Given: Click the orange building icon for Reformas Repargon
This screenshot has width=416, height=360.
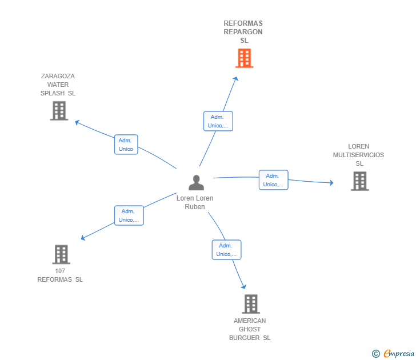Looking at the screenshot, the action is [244, 58].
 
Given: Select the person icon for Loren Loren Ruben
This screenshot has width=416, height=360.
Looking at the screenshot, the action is [196, 182].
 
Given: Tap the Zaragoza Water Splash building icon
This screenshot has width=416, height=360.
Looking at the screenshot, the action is [59, 111].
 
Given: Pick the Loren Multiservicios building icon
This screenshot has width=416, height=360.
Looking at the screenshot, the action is [360, 181].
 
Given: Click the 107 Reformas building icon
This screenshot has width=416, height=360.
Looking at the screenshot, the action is [61, 254].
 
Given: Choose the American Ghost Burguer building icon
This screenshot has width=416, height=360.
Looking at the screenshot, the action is [251, 304].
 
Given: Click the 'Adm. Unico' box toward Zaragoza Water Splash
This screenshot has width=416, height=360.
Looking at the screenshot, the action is [126, 145].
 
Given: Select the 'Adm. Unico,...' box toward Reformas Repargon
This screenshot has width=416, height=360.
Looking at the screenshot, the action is [218, 121].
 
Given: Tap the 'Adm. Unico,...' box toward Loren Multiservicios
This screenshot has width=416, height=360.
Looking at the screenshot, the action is [274, 180].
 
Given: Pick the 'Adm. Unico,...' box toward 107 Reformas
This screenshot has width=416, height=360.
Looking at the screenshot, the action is [129, 215].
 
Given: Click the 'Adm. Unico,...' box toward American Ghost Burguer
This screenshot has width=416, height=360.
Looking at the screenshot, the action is [226, 250].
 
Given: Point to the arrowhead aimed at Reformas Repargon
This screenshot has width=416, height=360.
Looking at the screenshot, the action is [235, 78].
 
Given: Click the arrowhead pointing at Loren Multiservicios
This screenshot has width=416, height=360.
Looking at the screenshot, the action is [331, 182].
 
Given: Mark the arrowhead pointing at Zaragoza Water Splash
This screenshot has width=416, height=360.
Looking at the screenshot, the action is [77, 122].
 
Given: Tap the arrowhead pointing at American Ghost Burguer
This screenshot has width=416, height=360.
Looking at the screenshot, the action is [244, 286].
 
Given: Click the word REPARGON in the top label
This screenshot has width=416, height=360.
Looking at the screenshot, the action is [243, 32].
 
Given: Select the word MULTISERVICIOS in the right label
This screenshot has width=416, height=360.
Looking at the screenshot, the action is [358, 155].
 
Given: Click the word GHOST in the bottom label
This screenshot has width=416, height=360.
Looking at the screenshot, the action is [250, 329].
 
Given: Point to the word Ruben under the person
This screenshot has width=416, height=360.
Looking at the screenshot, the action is [195, 207].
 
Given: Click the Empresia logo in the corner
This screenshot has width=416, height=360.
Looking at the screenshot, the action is [393, 353].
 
